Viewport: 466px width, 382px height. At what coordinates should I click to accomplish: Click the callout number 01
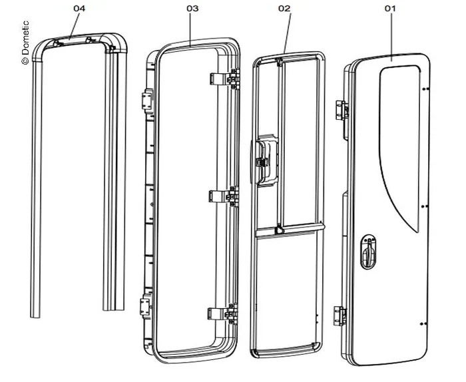point(390,9)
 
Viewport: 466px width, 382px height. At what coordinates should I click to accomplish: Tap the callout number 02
point(285,9)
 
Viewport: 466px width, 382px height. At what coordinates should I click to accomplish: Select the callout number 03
point(192,9)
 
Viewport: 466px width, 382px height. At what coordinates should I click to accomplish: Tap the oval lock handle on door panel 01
point(369,252)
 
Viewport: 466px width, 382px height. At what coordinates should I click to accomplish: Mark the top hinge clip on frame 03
point(224,78)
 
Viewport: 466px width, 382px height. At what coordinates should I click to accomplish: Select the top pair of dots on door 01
point(423,89)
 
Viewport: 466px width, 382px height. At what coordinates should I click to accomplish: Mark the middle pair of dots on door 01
point(423,206)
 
